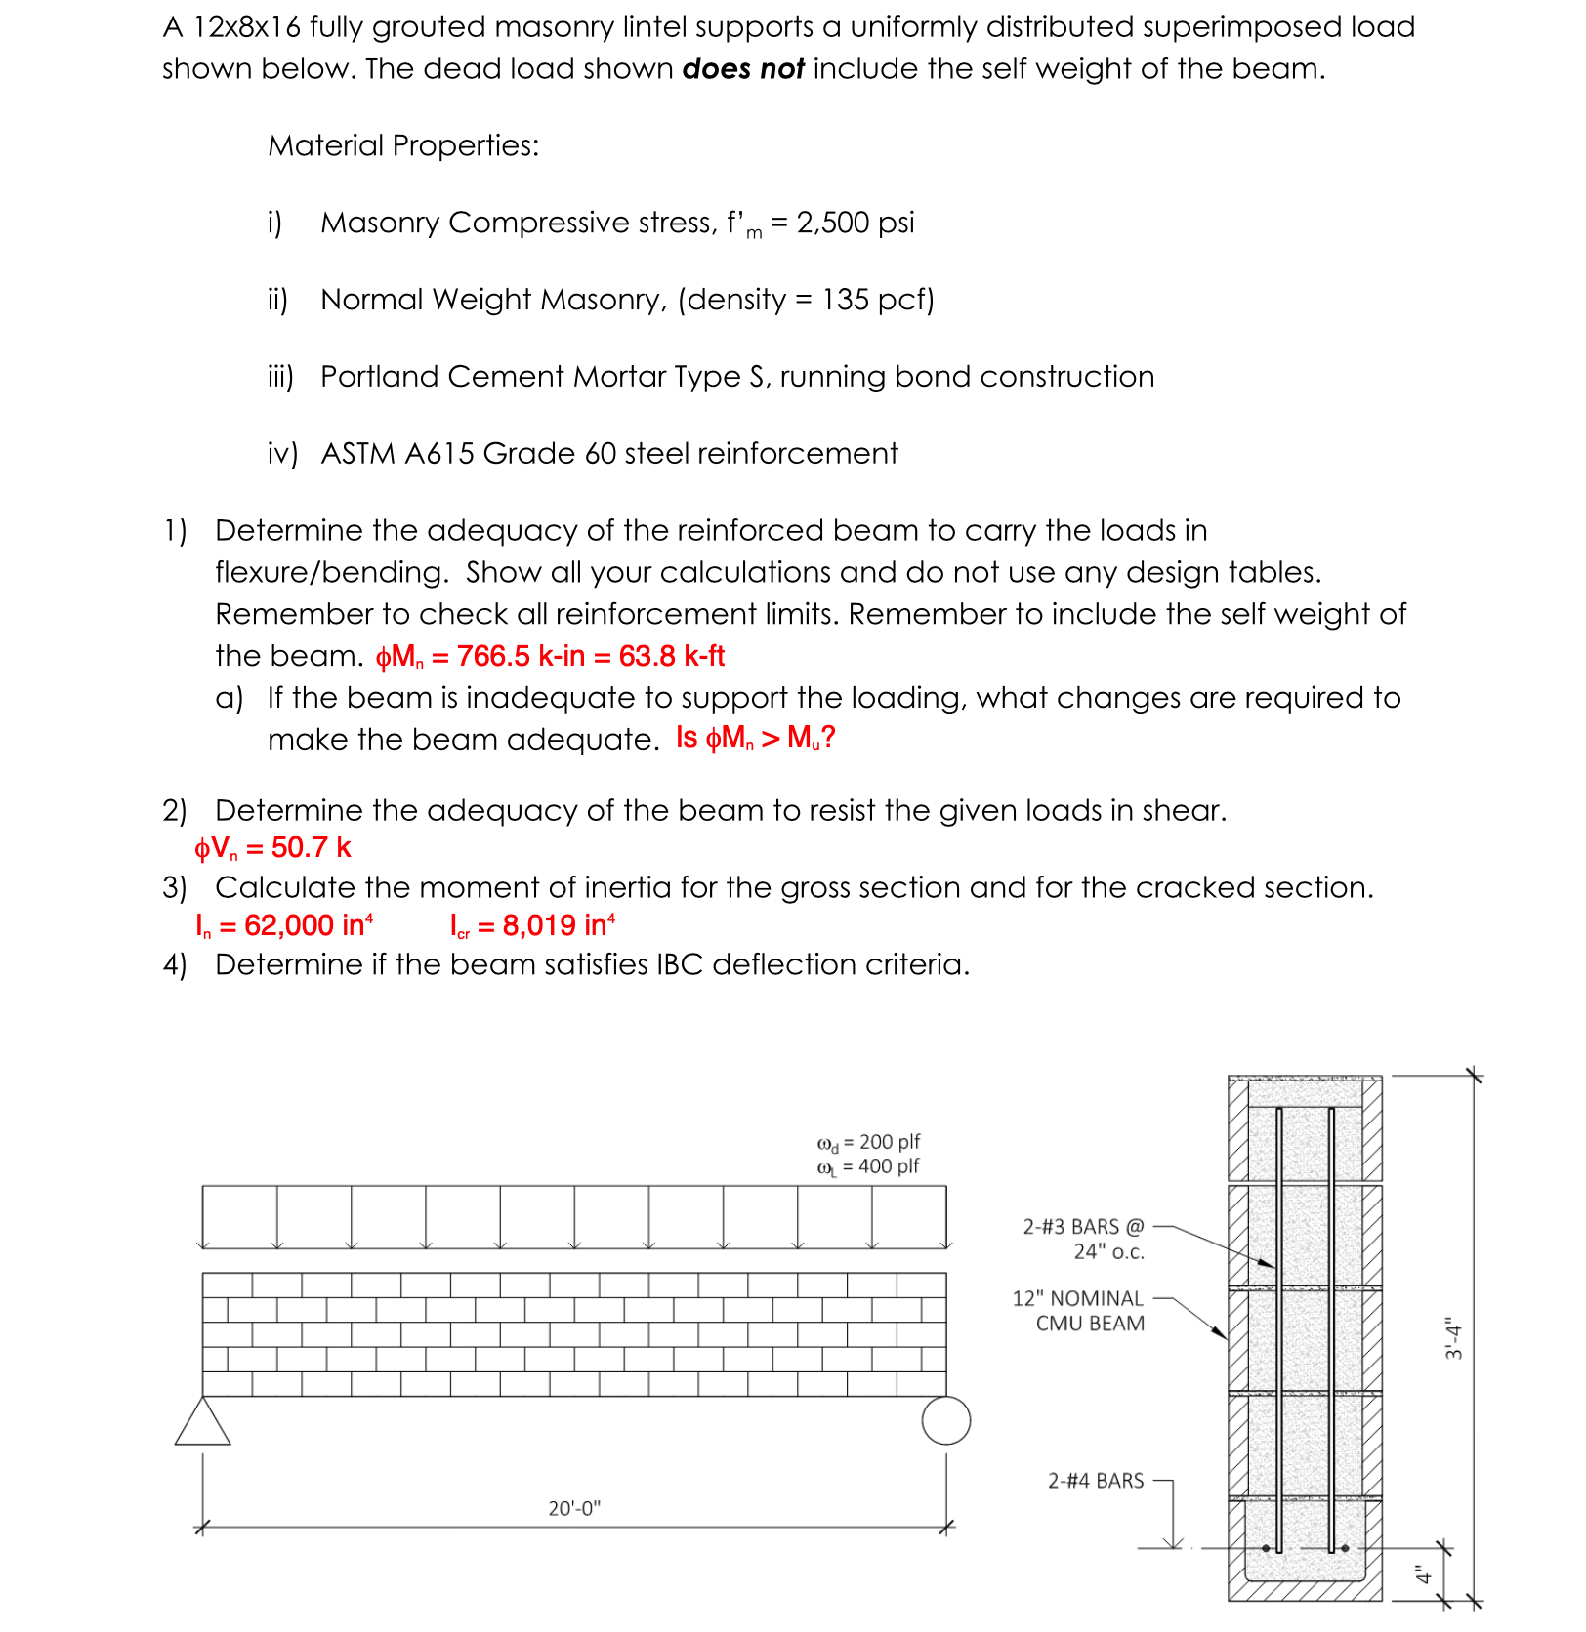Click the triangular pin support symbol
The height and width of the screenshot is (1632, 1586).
coord(203,1422)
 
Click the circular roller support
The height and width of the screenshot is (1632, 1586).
coord(945,1420)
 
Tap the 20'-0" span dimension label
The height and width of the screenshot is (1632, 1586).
coord(574,1508)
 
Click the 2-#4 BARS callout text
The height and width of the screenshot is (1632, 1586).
coord(1095,1481)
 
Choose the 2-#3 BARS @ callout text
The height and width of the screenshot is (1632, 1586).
coord(1082,1227)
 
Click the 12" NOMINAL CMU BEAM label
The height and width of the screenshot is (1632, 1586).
coord(1078,1311)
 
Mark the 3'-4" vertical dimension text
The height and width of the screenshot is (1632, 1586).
coord(1454,1337)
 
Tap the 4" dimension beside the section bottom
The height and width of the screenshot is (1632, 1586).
coord(1424,1573)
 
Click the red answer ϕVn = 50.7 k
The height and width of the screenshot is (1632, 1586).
coord(272,848)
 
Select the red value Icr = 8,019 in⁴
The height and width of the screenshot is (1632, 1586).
coord(532,925)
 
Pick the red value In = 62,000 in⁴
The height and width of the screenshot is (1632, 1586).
coord(284,925)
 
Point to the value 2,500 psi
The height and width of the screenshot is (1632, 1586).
coord(856,223)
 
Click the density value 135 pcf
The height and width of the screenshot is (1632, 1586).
coord(873,300)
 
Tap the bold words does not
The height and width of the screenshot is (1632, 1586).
coord(742,69)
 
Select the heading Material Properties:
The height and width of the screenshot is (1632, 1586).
coord(403,145)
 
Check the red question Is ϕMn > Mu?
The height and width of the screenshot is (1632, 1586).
coord(756,738)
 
